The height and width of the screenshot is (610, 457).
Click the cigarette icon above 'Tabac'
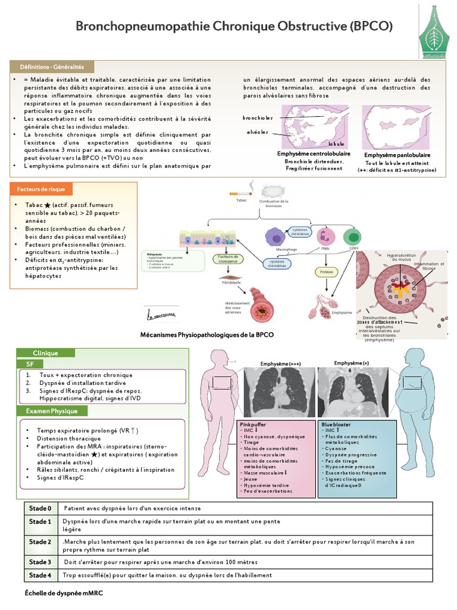[240, 193]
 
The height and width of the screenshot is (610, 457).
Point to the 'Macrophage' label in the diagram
[287, 249]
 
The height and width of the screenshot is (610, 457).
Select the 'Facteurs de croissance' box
[226, 259]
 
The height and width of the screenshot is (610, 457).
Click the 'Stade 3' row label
[40, 562]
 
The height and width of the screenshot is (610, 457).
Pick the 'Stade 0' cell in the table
[40, 508]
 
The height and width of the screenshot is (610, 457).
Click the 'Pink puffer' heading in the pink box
[253, 424]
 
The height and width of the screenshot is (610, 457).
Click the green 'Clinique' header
[45, 353]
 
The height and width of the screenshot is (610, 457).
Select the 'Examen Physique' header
[52, 411]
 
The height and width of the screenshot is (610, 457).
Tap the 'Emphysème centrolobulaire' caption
[314, 154]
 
